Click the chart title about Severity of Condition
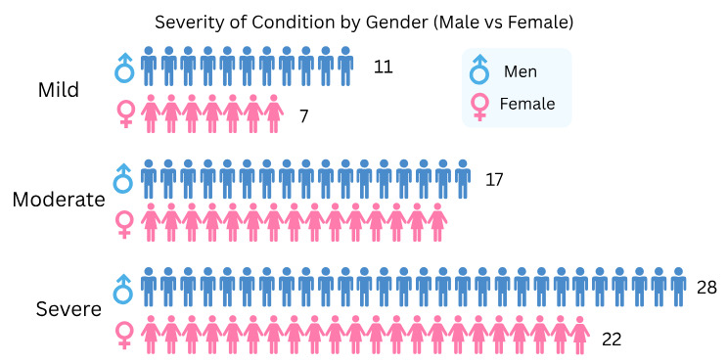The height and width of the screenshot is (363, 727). pyautogui.click(x=363, y=21)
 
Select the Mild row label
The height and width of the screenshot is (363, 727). pyautogui.click(x=58, y=90)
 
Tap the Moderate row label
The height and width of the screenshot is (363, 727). pyautogui.click(x=58, y=200)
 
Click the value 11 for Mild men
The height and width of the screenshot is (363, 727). pyautogui.click(x=383, y=68)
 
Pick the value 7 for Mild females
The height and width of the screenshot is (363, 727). pyautogui.click(x=304, y=115)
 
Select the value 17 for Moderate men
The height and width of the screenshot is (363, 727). pyautogui.click(x=494, y=179)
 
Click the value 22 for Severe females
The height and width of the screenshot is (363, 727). pyautogui.click(x=611, y=340)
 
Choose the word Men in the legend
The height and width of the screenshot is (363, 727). pyautogui.click(x=520, y=71)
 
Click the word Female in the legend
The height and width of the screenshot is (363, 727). pyautogui.click(x=527, y=104)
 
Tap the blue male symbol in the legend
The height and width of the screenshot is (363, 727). pyautogui.click(x=479, y=68)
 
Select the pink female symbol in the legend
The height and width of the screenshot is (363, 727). pyautogui.click(x=479, y=106)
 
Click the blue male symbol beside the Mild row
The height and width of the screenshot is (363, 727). pyautogui.click(x=124, y=67)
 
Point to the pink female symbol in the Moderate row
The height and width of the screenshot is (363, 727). pyautogui.click(x=124, y=223)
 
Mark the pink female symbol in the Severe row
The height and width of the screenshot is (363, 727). pyautogui.click(x=124, y=333)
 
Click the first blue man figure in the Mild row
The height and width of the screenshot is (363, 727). pyautogui.click(x=149, y=66)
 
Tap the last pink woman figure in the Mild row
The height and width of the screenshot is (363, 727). pyautogui.click(x=273, y=113)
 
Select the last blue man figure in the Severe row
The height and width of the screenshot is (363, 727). pyautogui.click(x=678, y=286)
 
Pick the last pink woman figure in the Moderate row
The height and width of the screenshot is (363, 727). pyautogui.click(x=437, y=222)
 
